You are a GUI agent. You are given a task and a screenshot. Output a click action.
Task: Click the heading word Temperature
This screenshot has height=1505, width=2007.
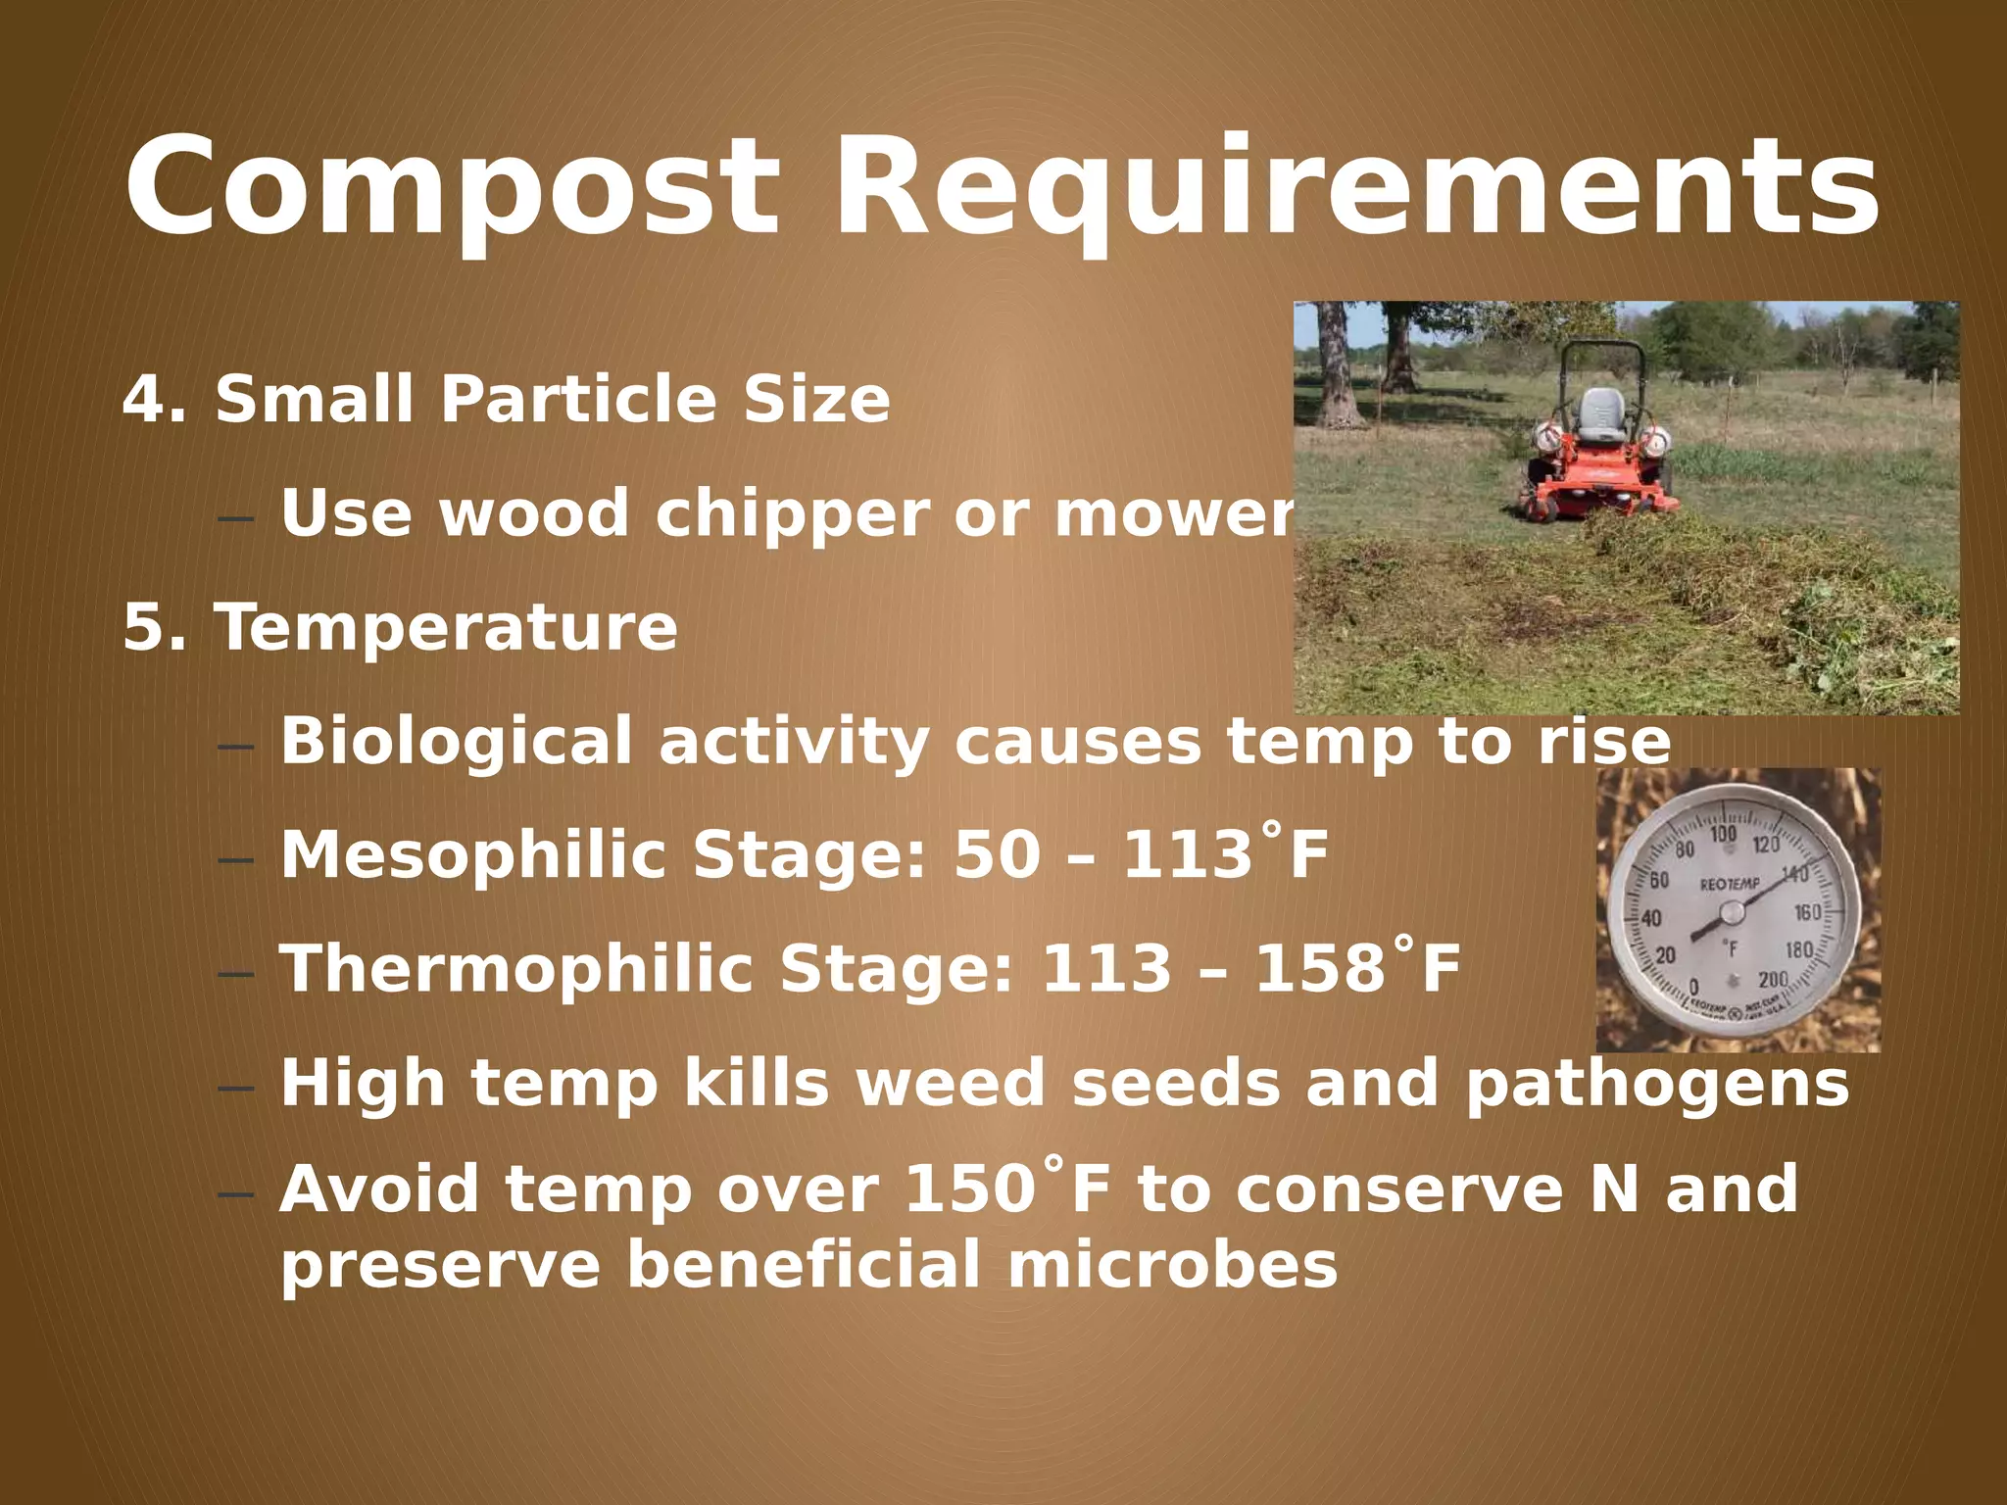pos(446,627)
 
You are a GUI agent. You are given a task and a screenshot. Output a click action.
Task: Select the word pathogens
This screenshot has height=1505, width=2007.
pos(1656,1084)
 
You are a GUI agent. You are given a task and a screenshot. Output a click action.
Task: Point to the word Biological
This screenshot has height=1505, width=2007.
pos(457,742)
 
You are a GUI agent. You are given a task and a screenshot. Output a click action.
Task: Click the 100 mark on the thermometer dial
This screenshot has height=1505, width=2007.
pos(1723,834)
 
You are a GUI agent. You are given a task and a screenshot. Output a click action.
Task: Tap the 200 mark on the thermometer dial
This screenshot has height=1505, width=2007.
pos(1773,979)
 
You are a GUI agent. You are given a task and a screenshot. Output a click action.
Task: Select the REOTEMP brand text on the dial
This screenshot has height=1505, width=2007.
pos(1730,884)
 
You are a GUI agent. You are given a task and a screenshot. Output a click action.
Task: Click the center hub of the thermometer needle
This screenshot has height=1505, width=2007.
pos(1732,913)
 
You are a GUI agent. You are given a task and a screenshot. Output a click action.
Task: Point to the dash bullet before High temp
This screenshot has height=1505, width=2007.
pos(236,1089)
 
